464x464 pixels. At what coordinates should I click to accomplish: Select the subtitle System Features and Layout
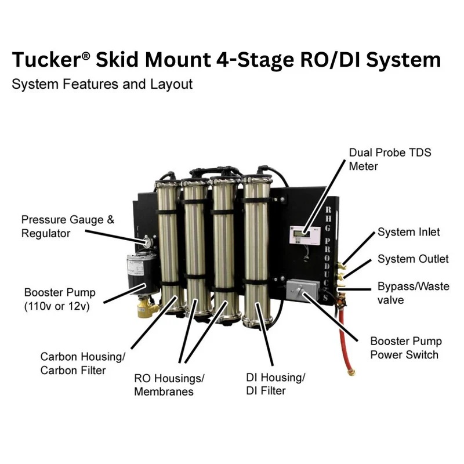click(x=101, y=84)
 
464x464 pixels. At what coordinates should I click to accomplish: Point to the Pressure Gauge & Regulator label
click(x=68, y=226)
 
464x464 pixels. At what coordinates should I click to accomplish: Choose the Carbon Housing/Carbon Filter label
click(x=82, y=363)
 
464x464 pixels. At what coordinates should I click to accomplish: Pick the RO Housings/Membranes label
click(x=169, y=385)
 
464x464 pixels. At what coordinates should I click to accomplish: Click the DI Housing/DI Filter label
click(x=275, y=384)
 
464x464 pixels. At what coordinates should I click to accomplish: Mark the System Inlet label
click(x=408, y=232)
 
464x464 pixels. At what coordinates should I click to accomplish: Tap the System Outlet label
click(x=413, y=259)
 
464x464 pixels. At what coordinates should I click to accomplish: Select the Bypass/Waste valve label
click(x=412, y=292)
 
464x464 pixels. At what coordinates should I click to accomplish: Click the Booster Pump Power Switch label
click(x=406, y=348)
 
